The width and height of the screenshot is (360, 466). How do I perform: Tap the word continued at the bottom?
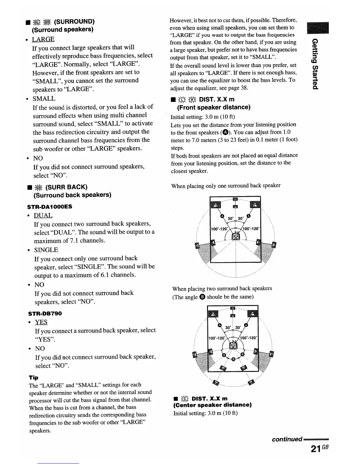(287, 439)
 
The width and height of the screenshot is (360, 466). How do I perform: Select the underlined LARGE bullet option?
(43, 39)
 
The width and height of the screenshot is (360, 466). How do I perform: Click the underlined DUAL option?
(43, 215)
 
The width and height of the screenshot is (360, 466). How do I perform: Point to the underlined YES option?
(41, 322)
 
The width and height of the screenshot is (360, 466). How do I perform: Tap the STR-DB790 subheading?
(45, 313)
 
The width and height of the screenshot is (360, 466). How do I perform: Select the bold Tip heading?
(34, 377)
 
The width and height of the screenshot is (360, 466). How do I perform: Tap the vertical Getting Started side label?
(315, 63)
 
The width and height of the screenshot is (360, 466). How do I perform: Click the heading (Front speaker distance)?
(214, 107)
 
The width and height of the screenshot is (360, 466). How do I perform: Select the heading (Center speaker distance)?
(212, 405)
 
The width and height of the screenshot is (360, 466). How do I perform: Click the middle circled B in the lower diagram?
(233, 359)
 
